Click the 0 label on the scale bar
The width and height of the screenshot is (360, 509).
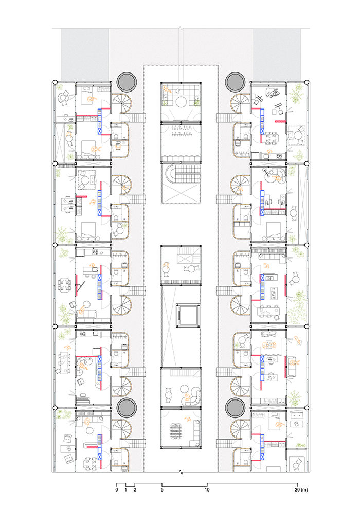117,490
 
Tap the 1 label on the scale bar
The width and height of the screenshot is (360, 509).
125,490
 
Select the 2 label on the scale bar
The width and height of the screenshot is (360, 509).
135,490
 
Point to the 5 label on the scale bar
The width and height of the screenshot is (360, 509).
162,490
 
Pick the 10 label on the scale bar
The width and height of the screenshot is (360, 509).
207,490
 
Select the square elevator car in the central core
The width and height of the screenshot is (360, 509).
187,315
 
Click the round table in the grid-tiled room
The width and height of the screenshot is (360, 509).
181,102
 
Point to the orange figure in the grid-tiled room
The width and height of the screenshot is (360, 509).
167,89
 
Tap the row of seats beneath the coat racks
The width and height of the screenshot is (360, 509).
181,158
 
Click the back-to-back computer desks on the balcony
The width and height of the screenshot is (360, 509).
68,205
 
